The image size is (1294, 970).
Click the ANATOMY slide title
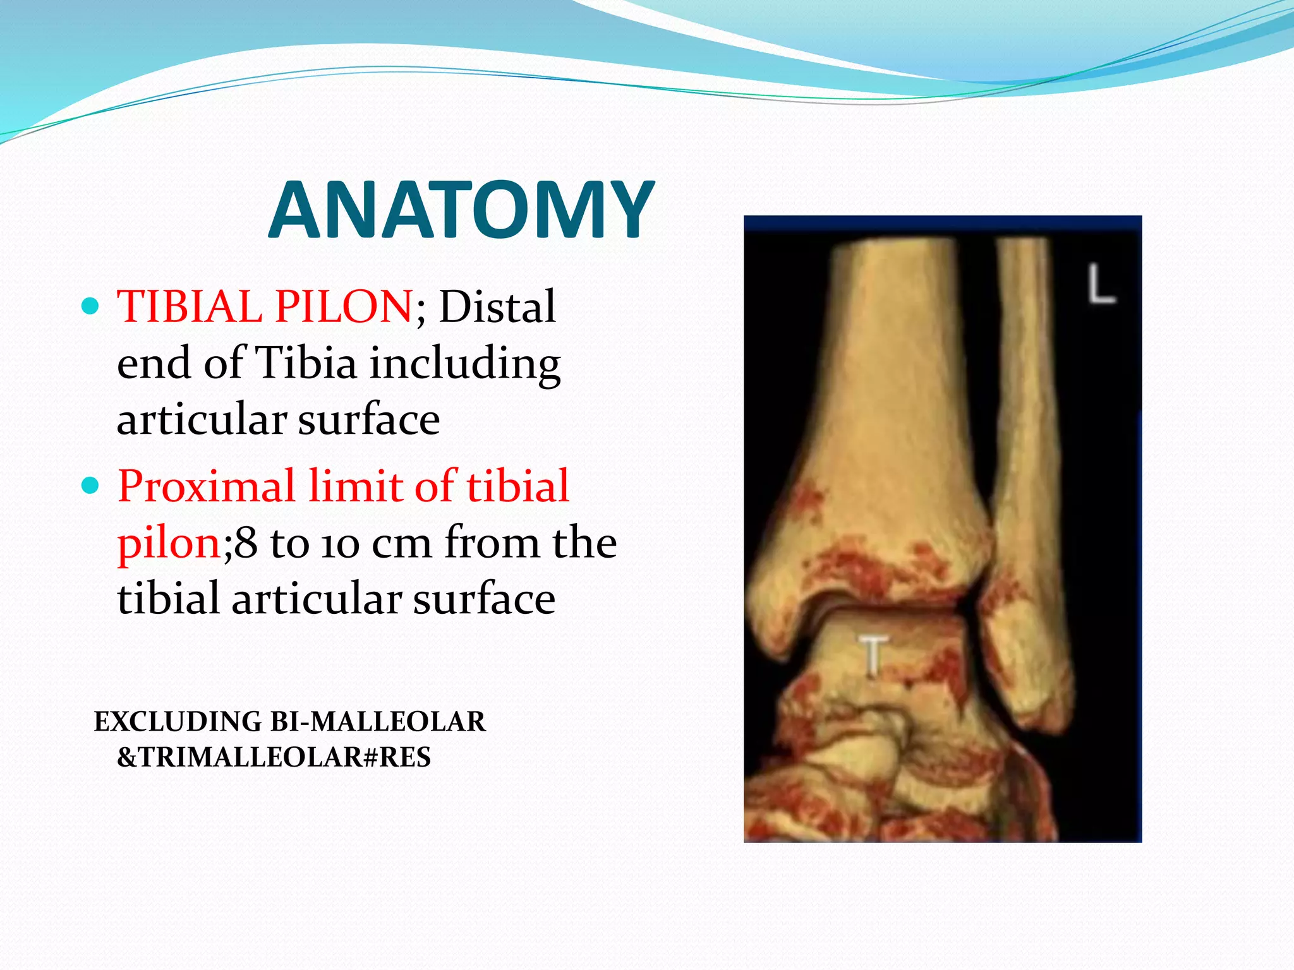click(461, 210)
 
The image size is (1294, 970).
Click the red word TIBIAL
click(189, 307)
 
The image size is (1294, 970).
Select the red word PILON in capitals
click(343, 307)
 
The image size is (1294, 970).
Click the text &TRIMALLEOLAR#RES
click(274, 757)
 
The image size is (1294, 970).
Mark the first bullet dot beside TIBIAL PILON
click(91, 307)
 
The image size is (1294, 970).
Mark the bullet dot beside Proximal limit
click(91, 486)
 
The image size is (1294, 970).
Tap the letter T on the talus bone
click(873, 657)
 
